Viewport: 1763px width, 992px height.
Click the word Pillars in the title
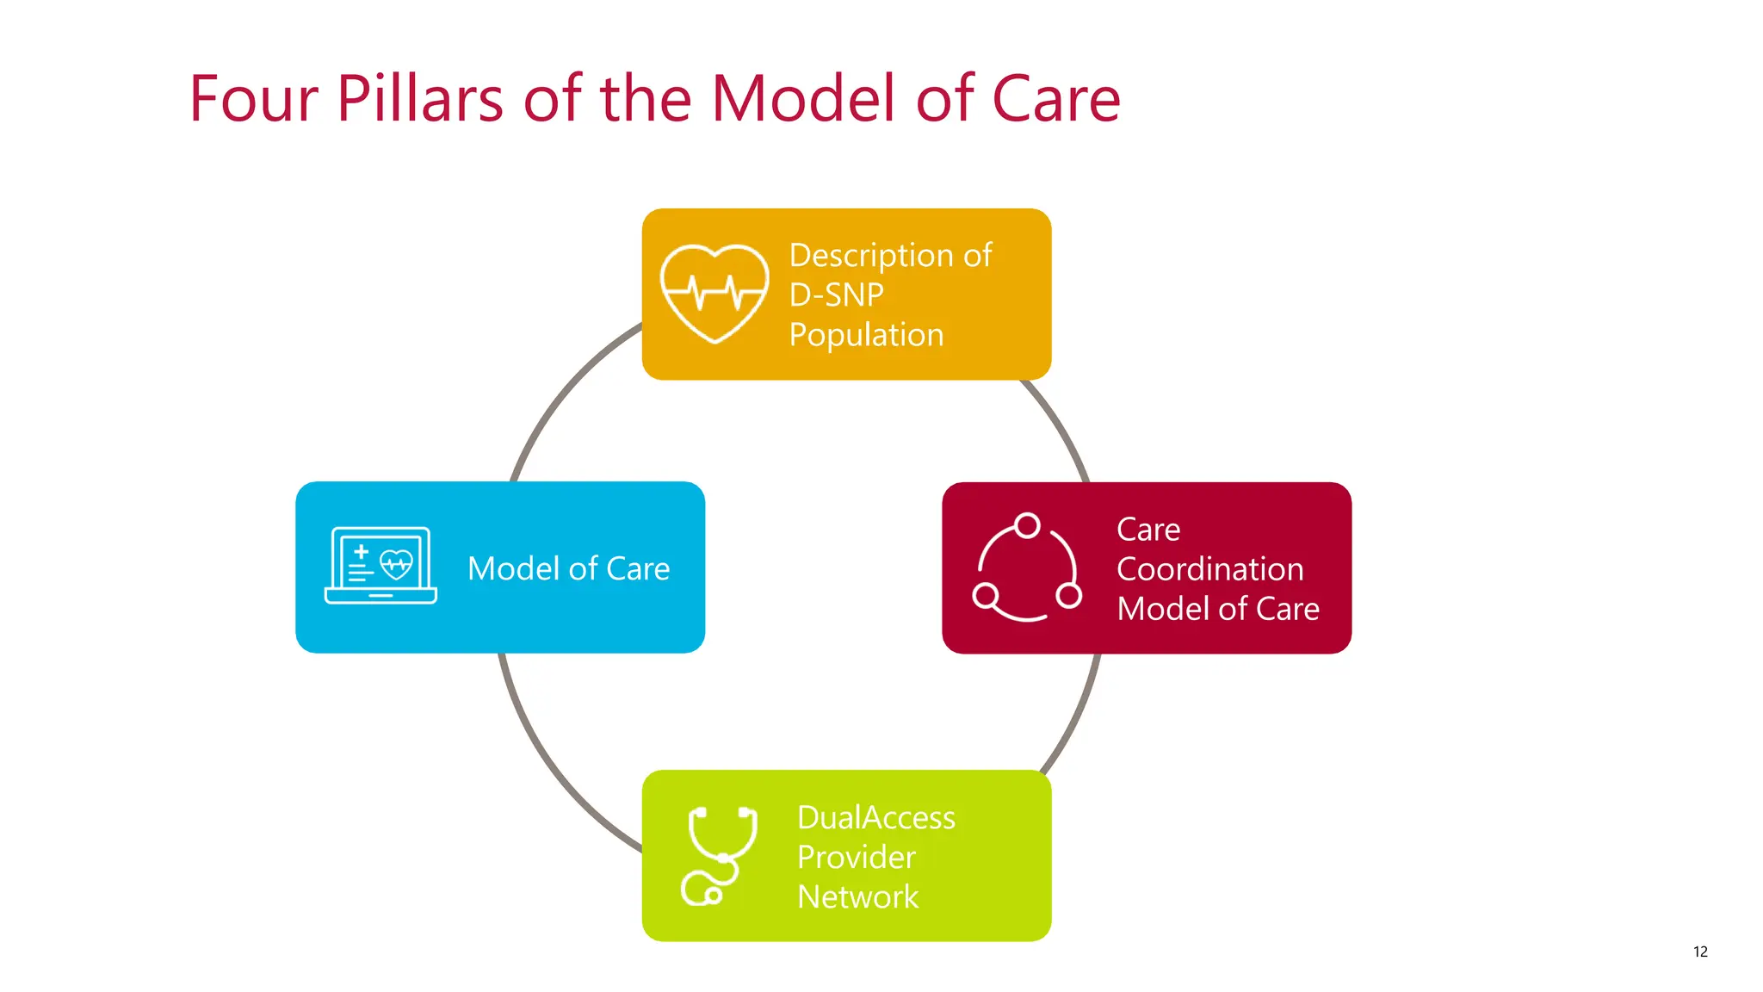tap(419, 99)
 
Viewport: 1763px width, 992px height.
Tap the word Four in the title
tap(254, 99)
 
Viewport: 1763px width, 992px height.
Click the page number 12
tap(1700, 952)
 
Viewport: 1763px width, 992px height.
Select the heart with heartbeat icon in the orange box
tap(714, 294)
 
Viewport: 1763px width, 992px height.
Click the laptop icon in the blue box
tap(380, 566)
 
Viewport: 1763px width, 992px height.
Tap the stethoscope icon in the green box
tap(719, 856)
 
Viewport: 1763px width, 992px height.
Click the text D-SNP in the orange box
tap(836, 295)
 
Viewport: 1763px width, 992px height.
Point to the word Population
tap(866, 335)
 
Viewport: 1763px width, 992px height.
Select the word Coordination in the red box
tap(1209, 569)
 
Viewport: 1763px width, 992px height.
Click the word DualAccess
tap(875, 817)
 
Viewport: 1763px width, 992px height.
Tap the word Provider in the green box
tap(856, 857)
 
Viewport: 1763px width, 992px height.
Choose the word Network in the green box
tap(857, 896)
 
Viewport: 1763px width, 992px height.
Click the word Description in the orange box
tap(870, 256)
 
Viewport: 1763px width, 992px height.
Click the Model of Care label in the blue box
tap(568, 568)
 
